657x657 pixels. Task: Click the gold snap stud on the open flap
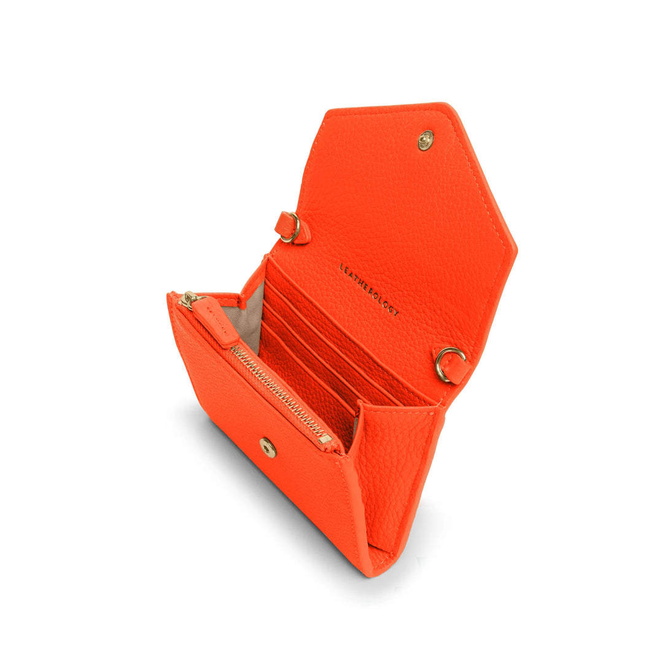click(x=426, y=140)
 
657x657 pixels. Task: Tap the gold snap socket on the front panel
click(x=267, y=447)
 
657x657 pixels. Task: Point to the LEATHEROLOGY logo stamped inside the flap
click(x=368, y=289)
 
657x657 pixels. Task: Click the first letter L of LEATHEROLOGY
click(x=341, y=266)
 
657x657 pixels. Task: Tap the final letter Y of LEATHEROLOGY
click(x=395, y=313)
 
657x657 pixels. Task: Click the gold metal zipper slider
click(x=190, y=300)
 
